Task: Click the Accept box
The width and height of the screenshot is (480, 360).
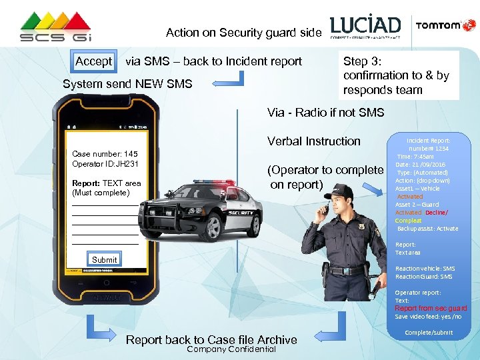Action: tap(94, 61)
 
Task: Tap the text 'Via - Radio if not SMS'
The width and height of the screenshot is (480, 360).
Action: tap(325, 113)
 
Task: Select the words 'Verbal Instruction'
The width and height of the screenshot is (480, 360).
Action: tap(313, 141)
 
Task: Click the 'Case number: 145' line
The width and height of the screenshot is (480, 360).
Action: tap(105, 154)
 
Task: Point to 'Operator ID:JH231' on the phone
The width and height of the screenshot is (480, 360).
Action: tap(105, 164)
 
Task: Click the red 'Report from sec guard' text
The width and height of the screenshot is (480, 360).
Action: tap(431, 308)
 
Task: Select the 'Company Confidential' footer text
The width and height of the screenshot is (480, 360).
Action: tap(231, 349)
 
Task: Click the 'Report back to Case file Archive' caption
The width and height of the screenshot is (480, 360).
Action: tap(211, 340)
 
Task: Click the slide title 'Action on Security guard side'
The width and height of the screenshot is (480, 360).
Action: tap(243, 33)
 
